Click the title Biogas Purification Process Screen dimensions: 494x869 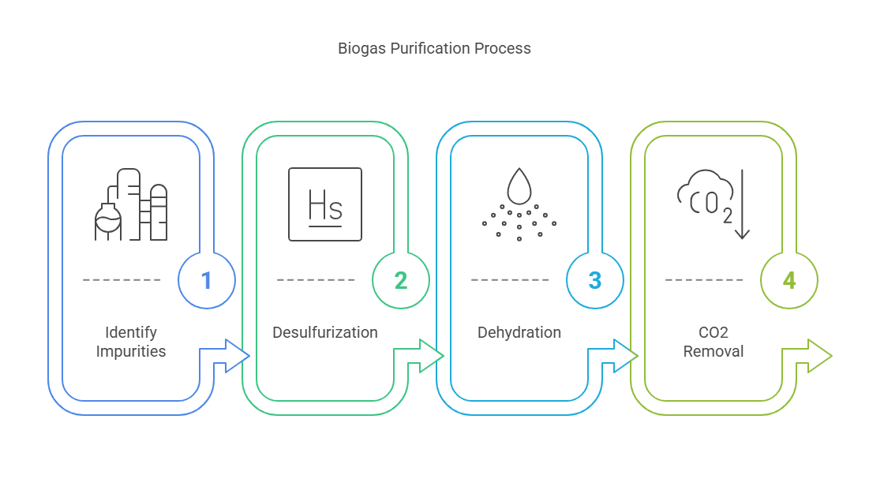434,49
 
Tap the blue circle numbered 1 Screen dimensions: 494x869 207,280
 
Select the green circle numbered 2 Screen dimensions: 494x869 401,280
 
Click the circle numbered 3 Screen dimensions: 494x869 595,280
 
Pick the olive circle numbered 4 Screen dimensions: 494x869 789,280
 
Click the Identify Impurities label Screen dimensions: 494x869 131,342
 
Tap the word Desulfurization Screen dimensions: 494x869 325,332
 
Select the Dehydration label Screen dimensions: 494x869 519,332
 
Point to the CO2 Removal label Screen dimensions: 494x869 714,342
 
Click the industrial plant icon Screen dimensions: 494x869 131,204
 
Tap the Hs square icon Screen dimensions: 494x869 325,204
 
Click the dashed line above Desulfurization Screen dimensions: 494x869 316,280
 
